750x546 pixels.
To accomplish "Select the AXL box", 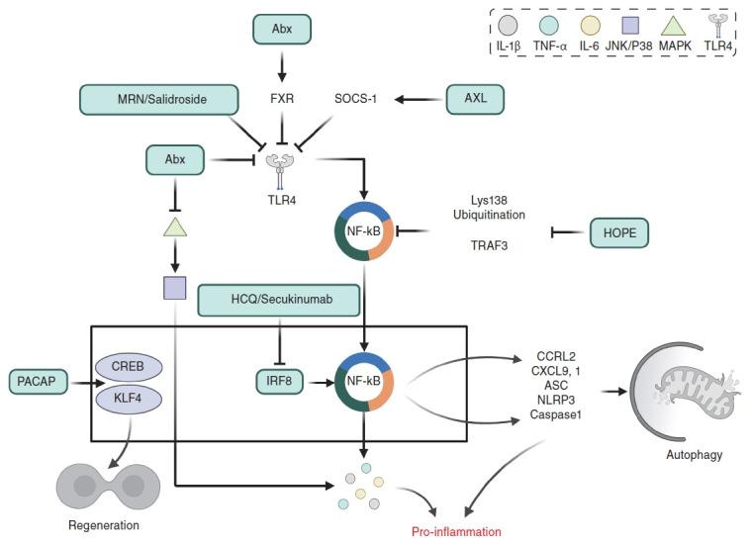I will coord(475,98).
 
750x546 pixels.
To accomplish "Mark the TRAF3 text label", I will coord(491,244).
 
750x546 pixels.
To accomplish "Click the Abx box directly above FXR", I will coord(281,28).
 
